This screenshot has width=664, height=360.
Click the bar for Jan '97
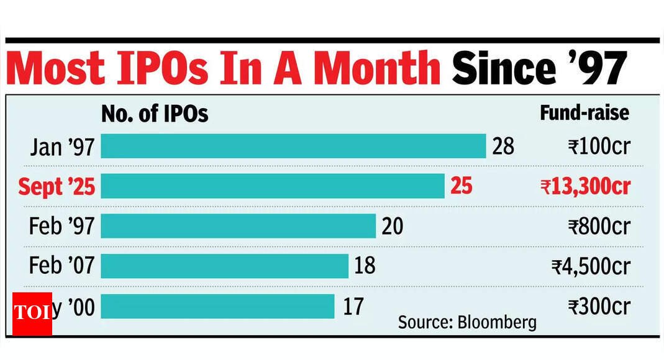[293, 146]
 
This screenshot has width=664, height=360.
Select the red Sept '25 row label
[57, 186]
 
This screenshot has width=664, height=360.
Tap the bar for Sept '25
[273, 186]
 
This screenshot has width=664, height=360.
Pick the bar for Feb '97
[238, 226]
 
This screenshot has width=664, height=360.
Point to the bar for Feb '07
[224, 266]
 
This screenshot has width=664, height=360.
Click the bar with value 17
[217, 306]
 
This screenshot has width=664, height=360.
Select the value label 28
[503, 146]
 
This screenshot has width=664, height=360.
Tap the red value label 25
[461, 186]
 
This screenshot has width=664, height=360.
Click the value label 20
[392, 226]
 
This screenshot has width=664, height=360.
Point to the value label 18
[365, 266]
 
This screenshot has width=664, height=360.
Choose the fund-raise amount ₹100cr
[599, 147]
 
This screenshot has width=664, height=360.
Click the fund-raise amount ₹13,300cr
[585, 187]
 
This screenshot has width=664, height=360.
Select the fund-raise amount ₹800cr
[599, 227]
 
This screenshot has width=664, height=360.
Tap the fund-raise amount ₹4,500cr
[591, 267]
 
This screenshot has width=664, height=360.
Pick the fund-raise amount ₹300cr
[599, 307]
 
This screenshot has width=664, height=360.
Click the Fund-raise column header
[584, 113]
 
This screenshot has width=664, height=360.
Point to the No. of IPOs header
[155, 114]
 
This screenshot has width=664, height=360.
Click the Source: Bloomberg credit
[467, 322]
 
